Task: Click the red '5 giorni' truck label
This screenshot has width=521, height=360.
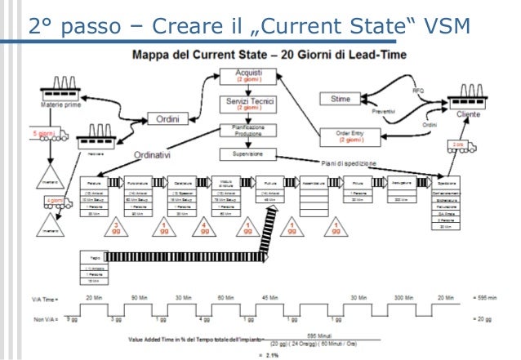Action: pyautogui.click(x=46, y=131)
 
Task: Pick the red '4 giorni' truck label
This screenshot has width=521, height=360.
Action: pyautogui.click(x=56, y=200)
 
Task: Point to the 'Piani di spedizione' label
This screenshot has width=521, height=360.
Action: pyautogui.click(x=350, y=162)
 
